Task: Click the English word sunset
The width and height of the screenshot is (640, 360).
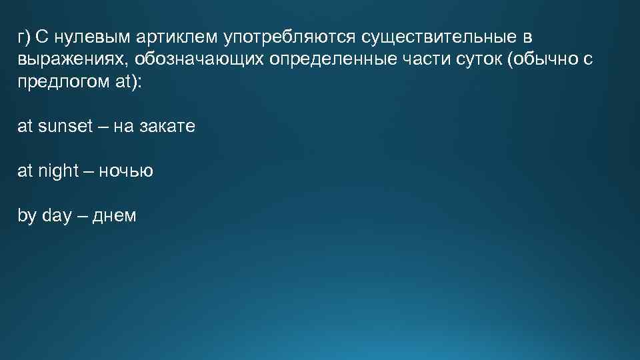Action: pyautogui.click(x=65, y=127)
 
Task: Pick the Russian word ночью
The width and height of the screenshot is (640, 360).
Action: pyautogui.click(x=126, y=171)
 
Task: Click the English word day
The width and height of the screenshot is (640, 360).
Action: pyautogui.click(x=56, y=216)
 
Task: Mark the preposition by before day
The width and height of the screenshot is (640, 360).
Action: pyautogui.click(x=27, y=216)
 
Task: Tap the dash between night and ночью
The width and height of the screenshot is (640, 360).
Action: pyautogui.click(x=89, y=171)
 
